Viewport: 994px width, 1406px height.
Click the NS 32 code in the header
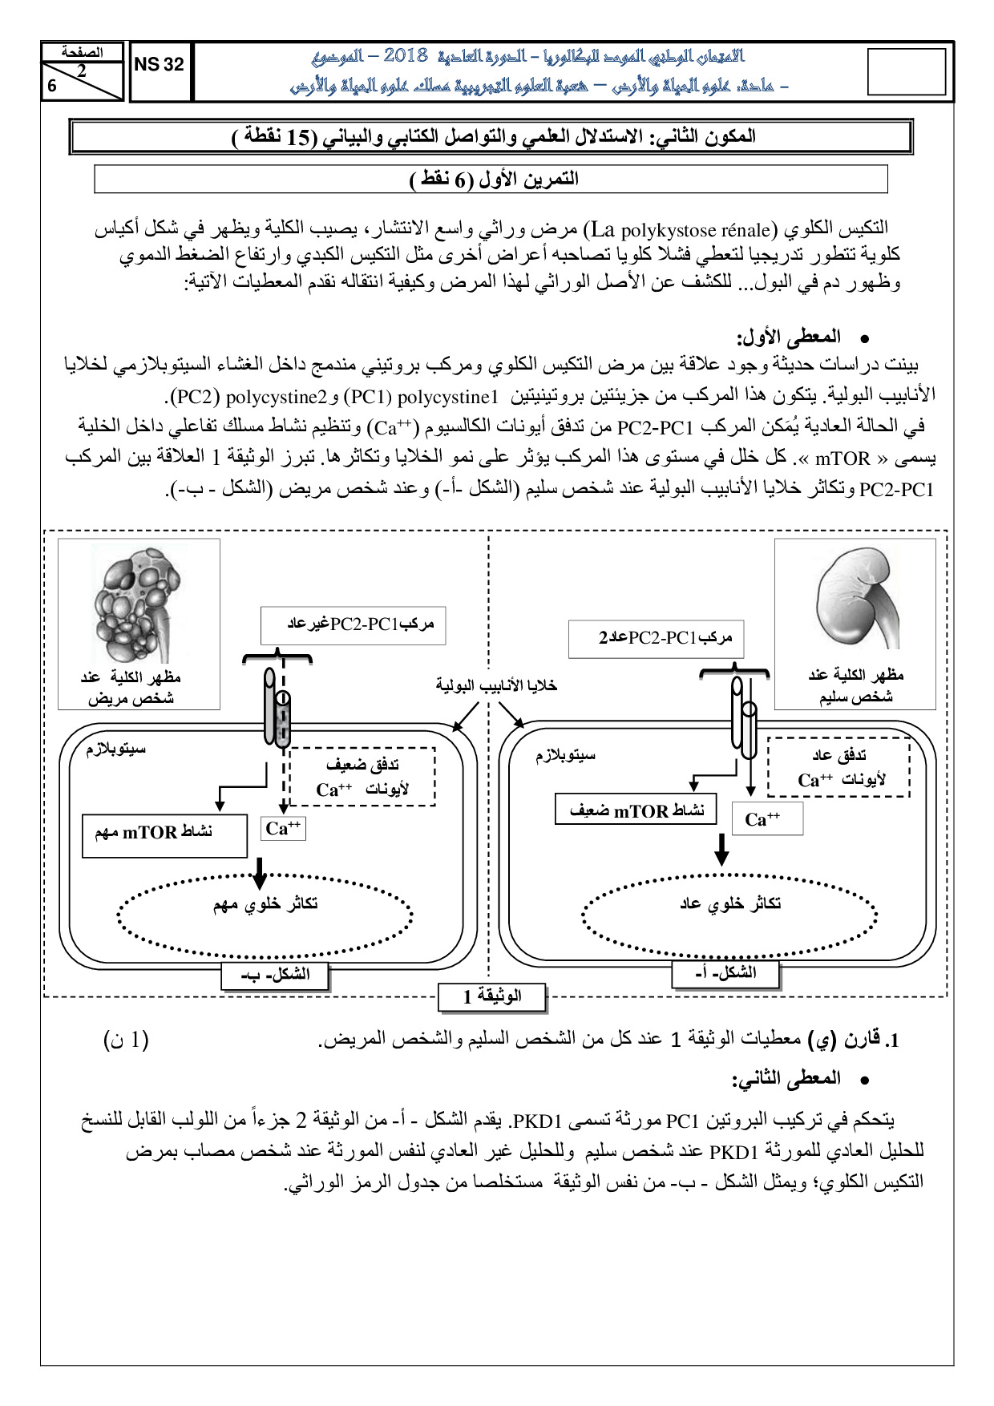click(159, 66)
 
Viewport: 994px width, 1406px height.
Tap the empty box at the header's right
click(907, 72)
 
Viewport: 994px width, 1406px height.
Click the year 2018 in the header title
click(406, 55)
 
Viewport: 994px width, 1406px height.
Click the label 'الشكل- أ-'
click(725, 973)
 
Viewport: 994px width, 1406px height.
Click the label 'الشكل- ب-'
click(275, 975)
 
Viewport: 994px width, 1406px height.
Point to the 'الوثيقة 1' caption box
click(491, 996)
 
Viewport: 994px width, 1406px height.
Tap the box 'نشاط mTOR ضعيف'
click(636, 810)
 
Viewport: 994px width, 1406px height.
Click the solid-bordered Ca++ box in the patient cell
click(283, 829)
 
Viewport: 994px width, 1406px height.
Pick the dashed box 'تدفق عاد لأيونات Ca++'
click(838, 768)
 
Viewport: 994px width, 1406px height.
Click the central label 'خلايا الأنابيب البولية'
click(496, 685)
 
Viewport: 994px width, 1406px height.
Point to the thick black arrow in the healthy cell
click(721, 850)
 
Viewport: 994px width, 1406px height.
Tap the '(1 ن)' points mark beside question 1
click(127, 1040)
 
